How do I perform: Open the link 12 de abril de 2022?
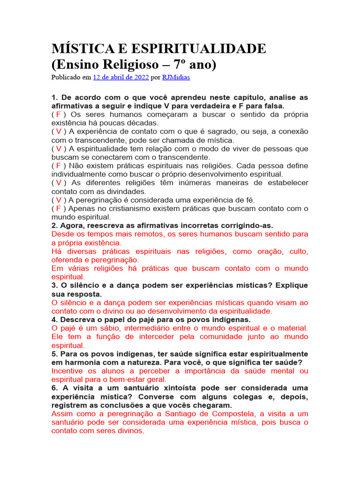pyautogui.click(x=121, y=77)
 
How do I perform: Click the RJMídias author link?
pyautogui.click(x=176, y=77)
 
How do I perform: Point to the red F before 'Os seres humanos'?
pyautogui.click(x=59, y=115)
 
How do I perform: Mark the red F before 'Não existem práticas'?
pyautogui.click(x=59, y=165)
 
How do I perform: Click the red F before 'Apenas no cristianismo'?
pyautogui.click(x=59, y=208)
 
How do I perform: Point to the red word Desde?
pyautogui.click(x=62, y=234)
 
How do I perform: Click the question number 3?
pyautogui.click(x=54, y=285)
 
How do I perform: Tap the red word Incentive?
pyautogui.click(x=68, y=371)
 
